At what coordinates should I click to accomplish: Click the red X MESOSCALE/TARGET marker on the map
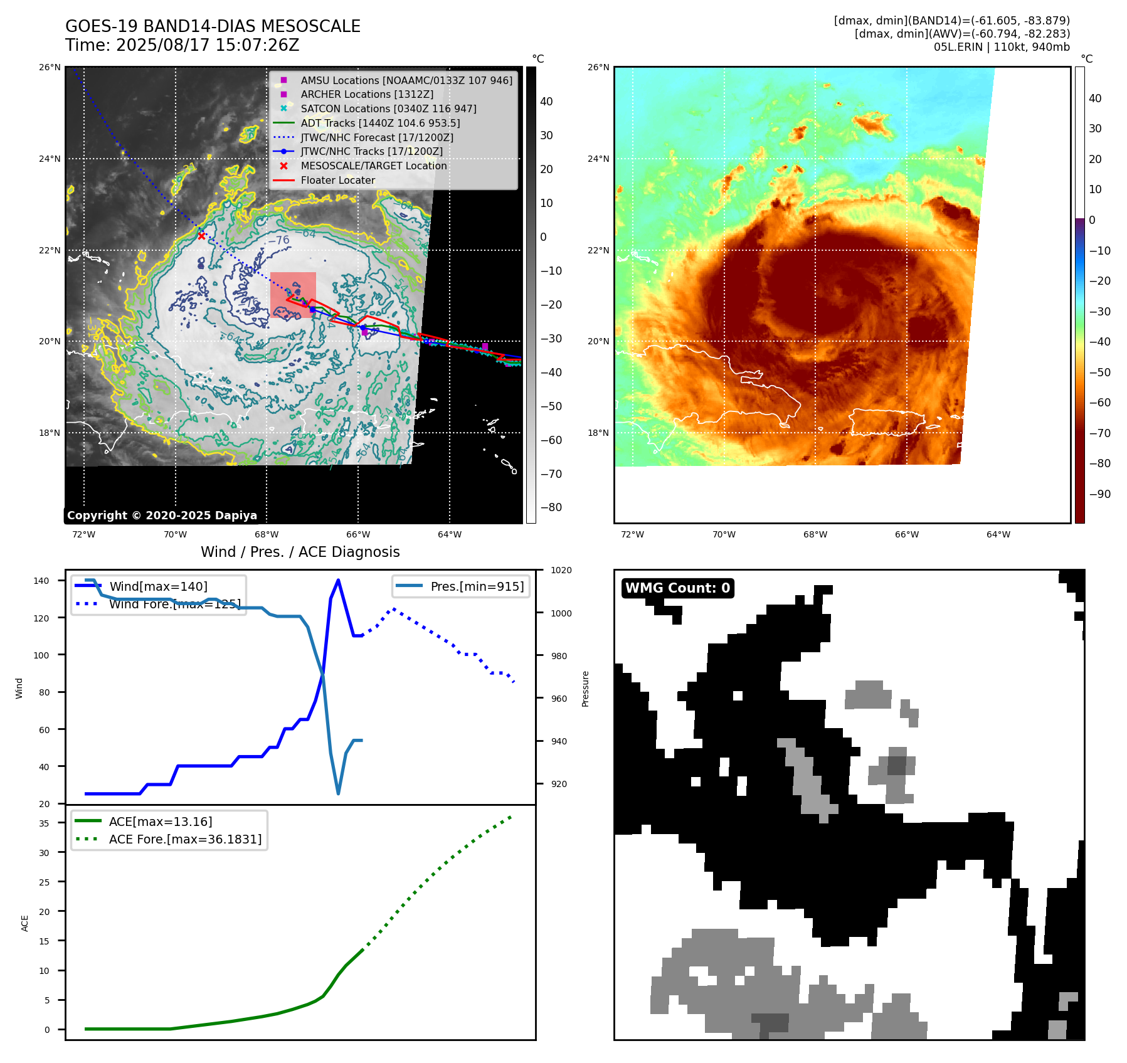pos(201,236)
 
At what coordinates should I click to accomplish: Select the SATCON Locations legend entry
pos(388,108)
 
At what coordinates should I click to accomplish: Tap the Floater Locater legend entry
pos(337,180)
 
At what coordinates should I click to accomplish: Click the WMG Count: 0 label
pos(677,588)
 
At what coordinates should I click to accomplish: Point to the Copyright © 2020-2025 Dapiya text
pos(162,516)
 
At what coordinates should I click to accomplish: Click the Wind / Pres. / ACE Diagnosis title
pos(300,552)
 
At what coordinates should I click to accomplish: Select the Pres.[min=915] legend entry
pos(477,586)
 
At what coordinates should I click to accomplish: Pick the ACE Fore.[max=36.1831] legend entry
pos(185,839)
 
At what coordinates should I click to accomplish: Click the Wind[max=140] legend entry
pos(158,586)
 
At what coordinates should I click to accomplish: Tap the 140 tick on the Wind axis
pos(41,581)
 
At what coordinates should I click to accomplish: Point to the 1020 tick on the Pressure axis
pos(561,571)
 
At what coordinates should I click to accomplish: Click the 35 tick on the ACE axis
pos(44,823)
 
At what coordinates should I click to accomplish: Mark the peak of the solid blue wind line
pos(338,580)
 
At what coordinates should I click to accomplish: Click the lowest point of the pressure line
pos(338,793)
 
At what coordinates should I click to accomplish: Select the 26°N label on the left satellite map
pos(50,67)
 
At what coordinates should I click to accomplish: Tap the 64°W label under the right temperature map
pos(998,534)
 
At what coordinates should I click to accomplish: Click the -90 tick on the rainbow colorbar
pos(1099,494)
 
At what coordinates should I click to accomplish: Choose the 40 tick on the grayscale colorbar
pos(546,102)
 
